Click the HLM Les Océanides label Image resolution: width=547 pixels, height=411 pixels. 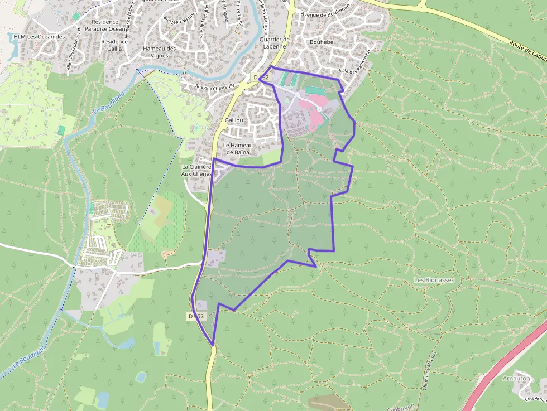[39, 37]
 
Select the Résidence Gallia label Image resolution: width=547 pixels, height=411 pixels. [114, 45]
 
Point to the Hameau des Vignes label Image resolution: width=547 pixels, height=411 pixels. [159, 52]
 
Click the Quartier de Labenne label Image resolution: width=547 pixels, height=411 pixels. [275, 43]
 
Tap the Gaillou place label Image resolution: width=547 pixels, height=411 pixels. [233, 120]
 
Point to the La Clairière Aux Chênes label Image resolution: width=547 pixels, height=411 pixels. [196, 170]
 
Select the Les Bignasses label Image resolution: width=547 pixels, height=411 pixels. [435, 279]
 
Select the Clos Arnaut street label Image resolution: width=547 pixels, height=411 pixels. [534, 398]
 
